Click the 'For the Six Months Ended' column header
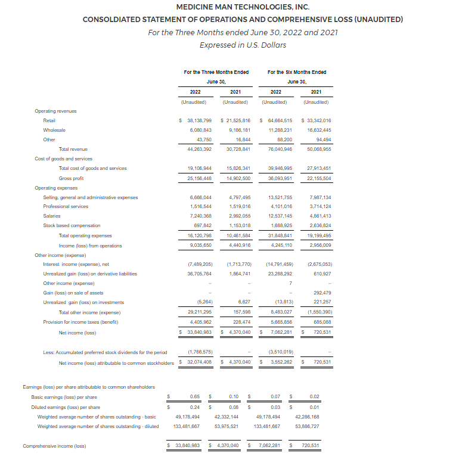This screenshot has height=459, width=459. pos(297,72)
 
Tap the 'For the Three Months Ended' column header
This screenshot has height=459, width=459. pos(216,72)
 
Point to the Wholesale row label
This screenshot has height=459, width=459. pos(54,129)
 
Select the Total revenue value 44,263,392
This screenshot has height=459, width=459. pos(200,149)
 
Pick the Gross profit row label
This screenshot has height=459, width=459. pos(71,178)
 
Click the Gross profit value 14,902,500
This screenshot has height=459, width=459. pos(240,178)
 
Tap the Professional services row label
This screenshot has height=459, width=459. pos(66,206)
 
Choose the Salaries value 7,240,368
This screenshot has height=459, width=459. pos(200,216)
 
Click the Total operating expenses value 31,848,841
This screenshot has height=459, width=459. pos(280,235)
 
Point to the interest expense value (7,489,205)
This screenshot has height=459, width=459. pos(200,264)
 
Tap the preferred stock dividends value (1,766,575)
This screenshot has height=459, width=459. pos(200,352)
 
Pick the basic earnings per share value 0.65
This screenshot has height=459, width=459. pos(194,396)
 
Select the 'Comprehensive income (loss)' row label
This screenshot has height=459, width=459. pos(54,446)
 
